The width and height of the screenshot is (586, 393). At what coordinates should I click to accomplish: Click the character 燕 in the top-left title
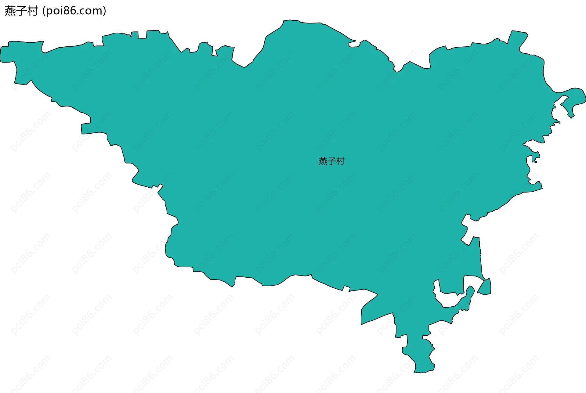pyautogui.click(x=10, y=11)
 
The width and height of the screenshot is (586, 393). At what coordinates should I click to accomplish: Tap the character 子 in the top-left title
pyautogui.click(x=21, y=11)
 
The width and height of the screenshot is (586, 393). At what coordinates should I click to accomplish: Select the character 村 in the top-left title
pyautogui.click(x=32, y=11)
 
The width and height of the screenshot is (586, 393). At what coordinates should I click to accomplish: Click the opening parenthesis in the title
pyautogui.click(x=44, y=11)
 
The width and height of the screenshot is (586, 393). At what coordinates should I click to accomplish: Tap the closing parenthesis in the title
pyautogui.click(x=105, y=11)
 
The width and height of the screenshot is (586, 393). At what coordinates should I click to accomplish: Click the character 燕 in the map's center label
pyautogui.click(x=323, y=161)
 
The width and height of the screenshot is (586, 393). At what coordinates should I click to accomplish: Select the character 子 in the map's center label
pyautogui.click(x=332, y=161)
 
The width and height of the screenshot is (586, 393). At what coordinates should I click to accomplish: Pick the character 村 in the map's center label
pyautogui.click(x=341, y=161)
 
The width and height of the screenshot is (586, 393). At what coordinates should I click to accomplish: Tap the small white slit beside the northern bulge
pyautogui.click(x=354, y=44)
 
